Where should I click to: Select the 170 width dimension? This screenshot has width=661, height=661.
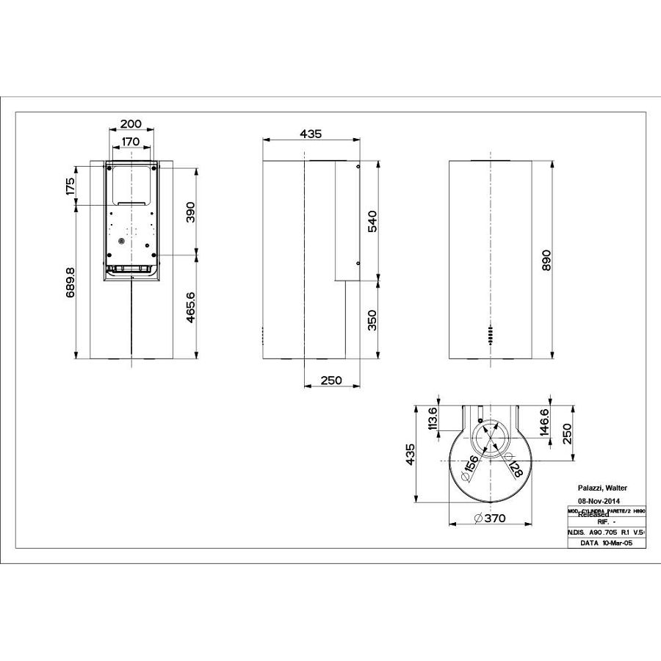(131, 141)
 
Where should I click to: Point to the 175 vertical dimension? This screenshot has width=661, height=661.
(71, 186)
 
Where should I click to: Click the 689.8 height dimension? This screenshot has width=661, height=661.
(71, 281)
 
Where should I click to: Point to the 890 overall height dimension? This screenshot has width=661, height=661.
(546, 260)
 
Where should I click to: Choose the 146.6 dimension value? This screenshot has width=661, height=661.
(544, 423)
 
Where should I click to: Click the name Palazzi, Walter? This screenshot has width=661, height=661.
(602, 488)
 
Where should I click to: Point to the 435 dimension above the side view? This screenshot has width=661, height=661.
(311, 134)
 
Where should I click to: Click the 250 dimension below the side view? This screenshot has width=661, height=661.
(331, 380)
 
